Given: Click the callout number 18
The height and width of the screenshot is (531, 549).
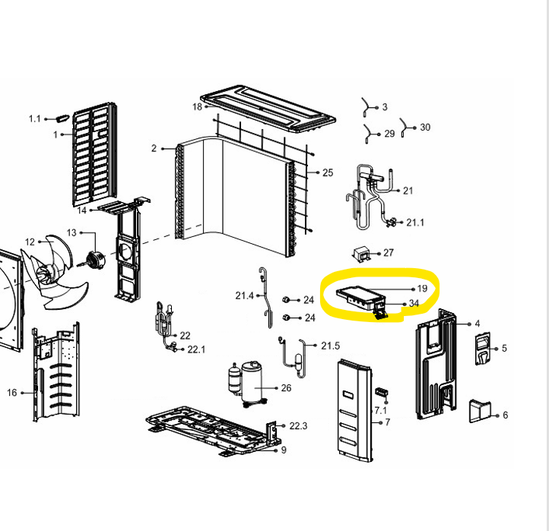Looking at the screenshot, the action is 197,106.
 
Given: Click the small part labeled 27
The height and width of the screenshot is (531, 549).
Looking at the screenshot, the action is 362,254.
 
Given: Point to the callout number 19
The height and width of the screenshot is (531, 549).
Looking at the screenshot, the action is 422,289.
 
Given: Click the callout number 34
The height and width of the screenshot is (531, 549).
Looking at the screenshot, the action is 414,303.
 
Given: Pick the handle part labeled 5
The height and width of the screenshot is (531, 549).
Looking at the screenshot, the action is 483,349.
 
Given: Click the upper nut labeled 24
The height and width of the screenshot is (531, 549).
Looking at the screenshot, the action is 285,299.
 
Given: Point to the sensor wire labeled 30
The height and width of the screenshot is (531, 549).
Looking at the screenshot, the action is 404,128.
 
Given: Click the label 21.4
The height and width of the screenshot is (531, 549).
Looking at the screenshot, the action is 244,296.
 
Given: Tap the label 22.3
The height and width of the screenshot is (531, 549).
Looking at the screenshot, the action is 298,425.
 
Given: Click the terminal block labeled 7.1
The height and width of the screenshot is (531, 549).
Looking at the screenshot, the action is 382,392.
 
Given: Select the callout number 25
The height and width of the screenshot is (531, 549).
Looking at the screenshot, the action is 328,172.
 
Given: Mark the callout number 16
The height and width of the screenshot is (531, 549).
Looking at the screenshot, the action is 12,393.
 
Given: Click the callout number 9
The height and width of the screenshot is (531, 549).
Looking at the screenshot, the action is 284,450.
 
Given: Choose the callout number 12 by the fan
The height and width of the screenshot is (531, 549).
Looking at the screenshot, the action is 30,242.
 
